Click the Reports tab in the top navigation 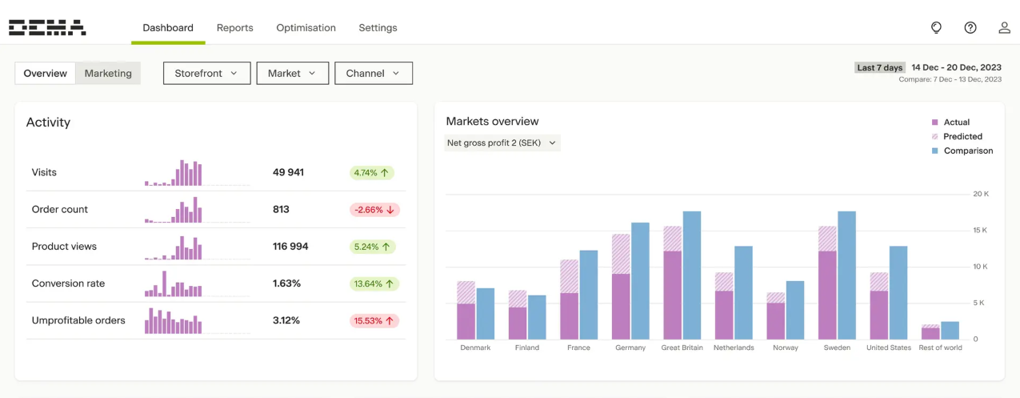[234, 28]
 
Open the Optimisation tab [306, 28]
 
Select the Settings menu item [378, 28]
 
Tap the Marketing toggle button [108, 74]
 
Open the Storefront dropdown [206, 74]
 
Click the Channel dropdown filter [373, 74]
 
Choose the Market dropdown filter [292, 74]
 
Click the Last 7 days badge [880, 68]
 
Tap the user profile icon [1004, 28]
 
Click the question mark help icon [970, 28]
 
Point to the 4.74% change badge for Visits [371, 173]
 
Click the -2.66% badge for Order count [374, 210]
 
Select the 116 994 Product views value [290, 247]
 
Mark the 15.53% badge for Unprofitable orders [374, 321]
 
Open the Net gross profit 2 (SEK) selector [502, 143]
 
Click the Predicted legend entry [962, 137]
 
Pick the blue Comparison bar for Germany [640, 280]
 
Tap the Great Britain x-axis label [682, 348]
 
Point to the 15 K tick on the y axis [979, 231]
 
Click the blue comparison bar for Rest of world [950, 331]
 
